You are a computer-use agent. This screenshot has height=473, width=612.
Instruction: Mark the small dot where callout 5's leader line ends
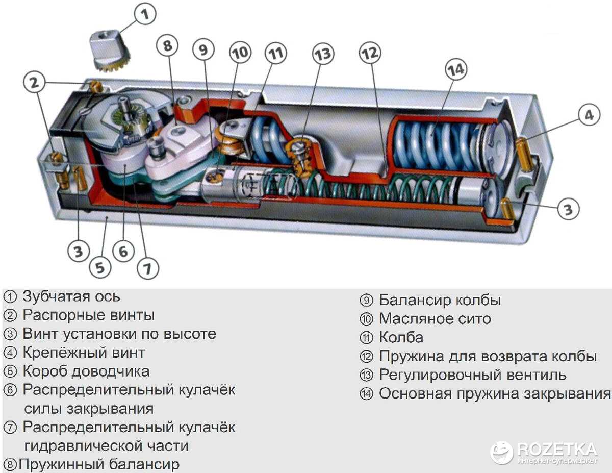pyautogui.click(x=106, y=217)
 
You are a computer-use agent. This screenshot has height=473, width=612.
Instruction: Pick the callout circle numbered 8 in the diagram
pyautogui.click(x=168, y=46)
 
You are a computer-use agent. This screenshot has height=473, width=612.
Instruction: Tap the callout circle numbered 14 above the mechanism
pyautogui.click(x=456, y=69)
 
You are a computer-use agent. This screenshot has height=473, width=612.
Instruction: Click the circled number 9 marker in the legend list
pyautogui.click(x=366, y=301)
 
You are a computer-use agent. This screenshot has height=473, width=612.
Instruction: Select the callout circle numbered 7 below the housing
pyautogui.click(x=148, y=268)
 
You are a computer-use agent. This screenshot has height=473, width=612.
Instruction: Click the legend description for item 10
pyautogui.click(x=435, y=319)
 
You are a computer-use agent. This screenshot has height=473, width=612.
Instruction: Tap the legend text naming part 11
pyautogui.click(x=401, y=337)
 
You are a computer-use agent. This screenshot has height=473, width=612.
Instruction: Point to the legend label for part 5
pyautogui.click(x=86, y=371)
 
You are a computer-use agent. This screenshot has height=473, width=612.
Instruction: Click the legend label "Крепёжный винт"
pyautogui.click(x=84, y=353)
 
